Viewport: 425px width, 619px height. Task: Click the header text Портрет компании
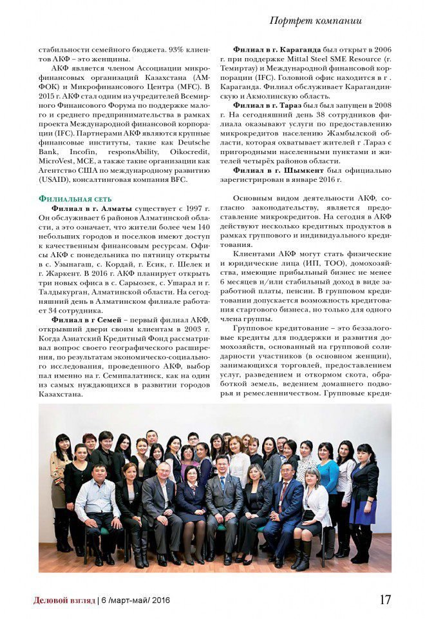315,21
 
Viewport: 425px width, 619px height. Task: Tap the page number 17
385,599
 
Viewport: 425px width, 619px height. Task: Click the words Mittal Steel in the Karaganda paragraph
325,59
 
